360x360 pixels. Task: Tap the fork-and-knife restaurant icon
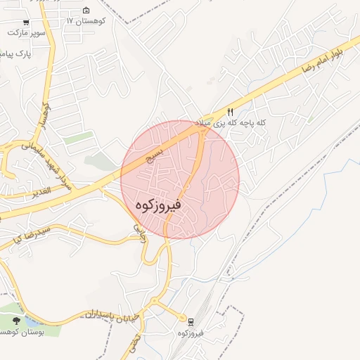[x=230, y=112]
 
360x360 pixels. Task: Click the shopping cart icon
[x=26, y=22]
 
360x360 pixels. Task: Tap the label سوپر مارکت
[x=27, y=32]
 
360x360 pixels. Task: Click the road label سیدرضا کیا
[x=25, y=236]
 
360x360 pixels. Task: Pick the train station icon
[x=191, y=321]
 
